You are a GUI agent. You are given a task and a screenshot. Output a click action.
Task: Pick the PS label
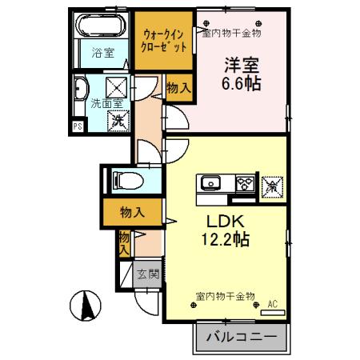point(78,126)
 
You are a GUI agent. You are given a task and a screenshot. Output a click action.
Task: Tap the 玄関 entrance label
point(146,274)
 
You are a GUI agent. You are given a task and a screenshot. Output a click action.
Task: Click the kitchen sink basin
point(210,184)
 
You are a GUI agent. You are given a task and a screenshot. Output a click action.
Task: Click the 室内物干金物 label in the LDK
point(225,296)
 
